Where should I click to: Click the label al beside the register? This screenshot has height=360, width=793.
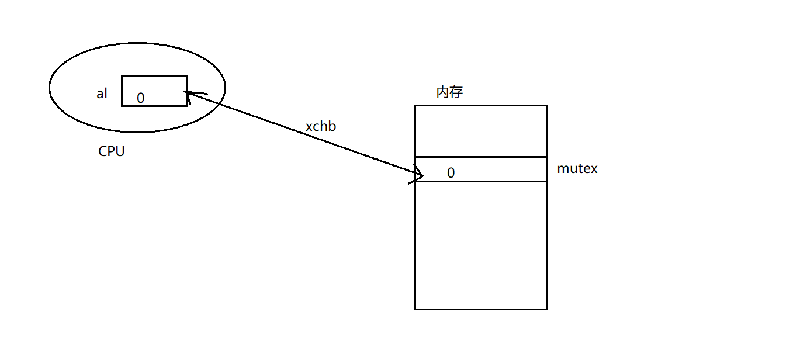point(102,94)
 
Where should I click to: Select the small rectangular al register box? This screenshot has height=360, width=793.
point(154,91)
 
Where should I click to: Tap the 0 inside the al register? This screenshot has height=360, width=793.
point(140,98)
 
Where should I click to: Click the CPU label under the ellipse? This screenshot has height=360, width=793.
point(111,151)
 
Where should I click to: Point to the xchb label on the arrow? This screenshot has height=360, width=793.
point(321,126)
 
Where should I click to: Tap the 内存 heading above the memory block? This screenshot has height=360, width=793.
point(449,92)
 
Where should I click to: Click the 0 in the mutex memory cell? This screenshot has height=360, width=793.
point(451,173)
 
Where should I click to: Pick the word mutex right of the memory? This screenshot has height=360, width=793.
point(577,169)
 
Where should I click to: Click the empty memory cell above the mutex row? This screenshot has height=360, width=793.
point(480,131)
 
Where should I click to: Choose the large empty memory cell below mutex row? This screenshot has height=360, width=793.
point(480,245)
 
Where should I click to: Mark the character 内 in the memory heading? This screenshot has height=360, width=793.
point(443,92)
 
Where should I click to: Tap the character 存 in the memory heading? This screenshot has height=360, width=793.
point(456,92)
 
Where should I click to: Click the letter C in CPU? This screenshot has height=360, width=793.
point(103,151)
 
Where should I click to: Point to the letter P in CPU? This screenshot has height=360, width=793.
point(111,151)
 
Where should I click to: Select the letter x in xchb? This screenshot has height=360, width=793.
point(309,127)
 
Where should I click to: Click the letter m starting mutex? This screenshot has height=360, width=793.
point(563,169)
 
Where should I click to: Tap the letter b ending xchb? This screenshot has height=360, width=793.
point(333,126)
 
